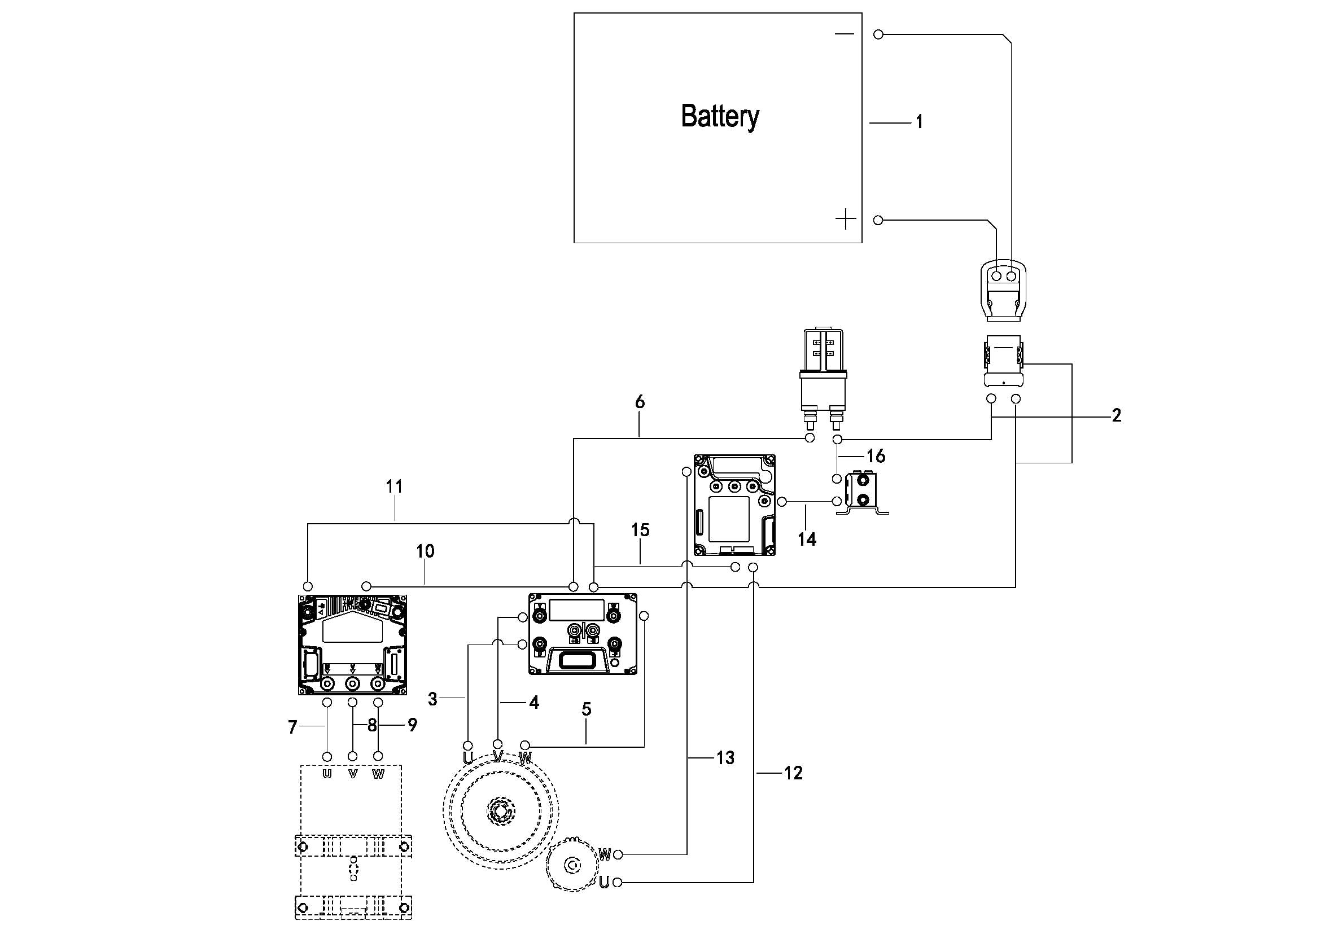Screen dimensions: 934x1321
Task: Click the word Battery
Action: (x=720, y=117)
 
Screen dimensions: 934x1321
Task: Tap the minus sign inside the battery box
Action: (x=844, y=34)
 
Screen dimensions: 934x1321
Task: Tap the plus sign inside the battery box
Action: (x=845, y=219)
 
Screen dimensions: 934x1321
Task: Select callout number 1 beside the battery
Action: (x=919, y=122)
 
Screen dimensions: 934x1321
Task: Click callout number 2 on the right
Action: (x=1116, y=415)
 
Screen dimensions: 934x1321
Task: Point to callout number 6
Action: (x=640, y=402)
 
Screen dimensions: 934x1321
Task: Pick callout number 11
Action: (x=394, y=486)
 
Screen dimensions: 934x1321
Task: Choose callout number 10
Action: (x=425, y=551)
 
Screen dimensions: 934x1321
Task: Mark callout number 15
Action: (x=640, y=530)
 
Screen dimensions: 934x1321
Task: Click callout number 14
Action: (x=807, y=540)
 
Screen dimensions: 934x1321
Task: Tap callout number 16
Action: (x=876, y=456)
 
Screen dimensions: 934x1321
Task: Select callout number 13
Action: (x=725, y=758)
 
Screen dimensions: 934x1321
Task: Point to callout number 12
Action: (x=793, y=773)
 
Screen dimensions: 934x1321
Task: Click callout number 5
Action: (x=587, y=709)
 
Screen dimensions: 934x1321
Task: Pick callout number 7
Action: (x=293, y=727)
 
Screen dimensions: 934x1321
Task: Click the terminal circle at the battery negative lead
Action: (x=878, y=34)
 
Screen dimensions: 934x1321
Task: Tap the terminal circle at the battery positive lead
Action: (x=878, y=220)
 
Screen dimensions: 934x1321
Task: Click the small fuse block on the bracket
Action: (x=861, y=490)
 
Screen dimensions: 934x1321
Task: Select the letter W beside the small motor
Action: (x=605, y=855)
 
